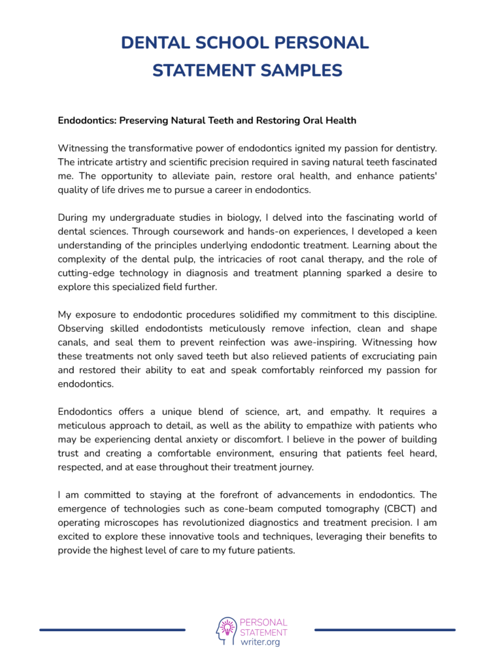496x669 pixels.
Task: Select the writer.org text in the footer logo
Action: [x=260, y=642]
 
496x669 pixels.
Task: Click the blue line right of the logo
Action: [x=385, y=630]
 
